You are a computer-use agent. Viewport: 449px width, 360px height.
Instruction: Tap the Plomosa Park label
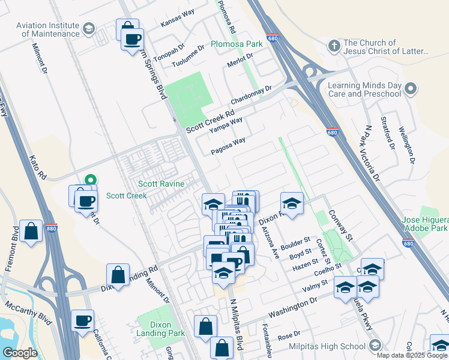click(237, 44)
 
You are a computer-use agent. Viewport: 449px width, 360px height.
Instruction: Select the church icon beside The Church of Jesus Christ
click(334, 46)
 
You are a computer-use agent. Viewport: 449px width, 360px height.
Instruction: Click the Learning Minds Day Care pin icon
click(411, 89)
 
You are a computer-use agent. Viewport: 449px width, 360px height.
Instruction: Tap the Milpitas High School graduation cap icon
click(375, 346)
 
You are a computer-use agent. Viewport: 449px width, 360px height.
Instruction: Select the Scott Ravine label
click(161, 184)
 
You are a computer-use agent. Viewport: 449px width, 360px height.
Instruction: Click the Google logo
click(20, 353)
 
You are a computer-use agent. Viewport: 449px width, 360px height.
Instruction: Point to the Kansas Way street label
click(178, 23)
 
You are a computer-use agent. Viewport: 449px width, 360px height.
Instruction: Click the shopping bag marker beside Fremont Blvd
click(31, 231)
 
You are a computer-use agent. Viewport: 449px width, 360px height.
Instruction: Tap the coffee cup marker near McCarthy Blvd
click(83, 321)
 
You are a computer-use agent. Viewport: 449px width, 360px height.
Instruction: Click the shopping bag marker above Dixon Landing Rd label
click(118, 275)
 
